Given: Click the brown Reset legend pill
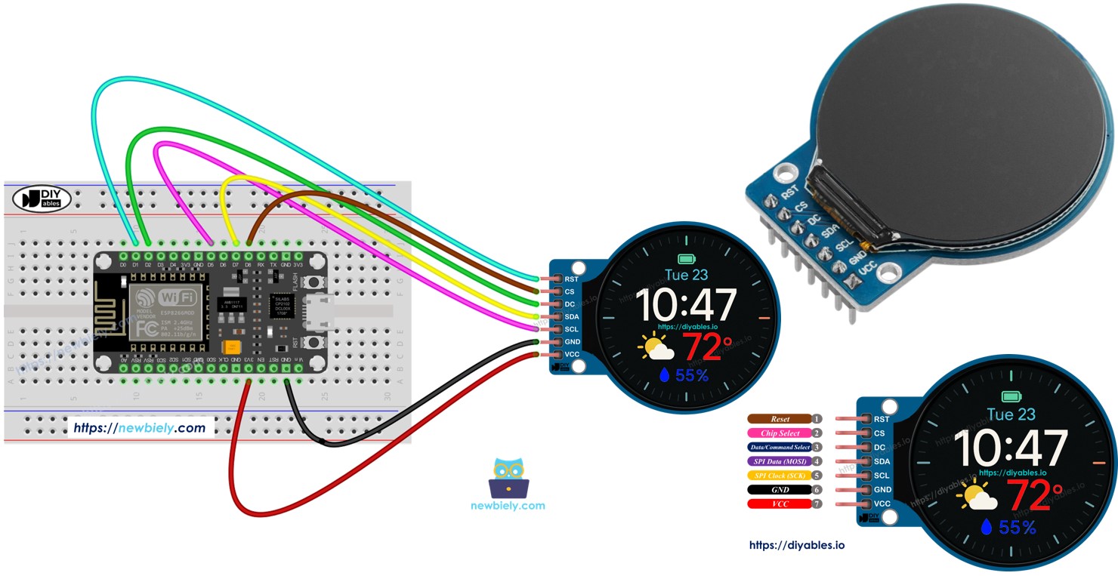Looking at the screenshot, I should (x=780, y=419).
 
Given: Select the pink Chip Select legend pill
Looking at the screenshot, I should (x=780, y=433).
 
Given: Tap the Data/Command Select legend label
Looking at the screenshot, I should (x=780, y=448).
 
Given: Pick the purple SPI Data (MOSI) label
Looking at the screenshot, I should (x=780, y=461).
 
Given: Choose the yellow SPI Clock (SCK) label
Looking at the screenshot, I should (x=780, y=476).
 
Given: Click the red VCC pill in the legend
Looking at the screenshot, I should (x=780, y=504).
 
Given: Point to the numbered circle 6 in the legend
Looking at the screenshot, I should (x=817, y=490).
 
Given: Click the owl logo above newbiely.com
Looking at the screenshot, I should (x=508, y=478).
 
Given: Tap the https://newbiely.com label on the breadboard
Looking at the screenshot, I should (x=140, y=428).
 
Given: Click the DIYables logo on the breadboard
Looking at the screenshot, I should (x=42, y=199).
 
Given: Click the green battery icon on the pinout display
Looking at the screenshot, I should (x=1011, y=396).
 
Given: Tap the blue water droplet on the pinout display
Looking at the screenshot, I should (x=985, y=528).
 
